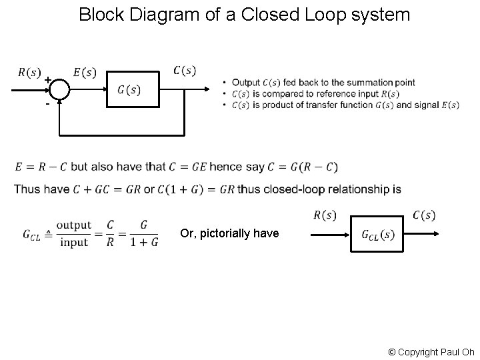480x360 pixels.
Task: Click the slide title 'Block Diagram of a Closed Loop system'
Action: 244,14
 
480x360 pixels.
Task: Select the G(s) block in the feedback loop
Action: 133,89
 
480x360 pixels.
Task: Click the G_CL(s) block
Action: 378,234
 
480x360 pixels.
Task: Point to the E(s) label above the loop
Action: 83,71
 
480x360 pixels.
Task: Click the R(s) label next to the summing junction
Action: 29,71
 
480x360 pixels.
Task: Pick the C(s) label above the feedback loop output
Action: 185,70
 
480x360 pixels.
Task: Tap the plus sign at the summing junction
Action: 48,81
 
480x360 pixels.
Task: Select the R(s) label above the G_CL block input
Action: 325,215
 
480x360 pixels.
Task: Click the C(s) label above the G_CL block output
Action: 424,215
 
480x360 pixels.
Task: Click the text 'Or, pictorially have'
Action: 229,233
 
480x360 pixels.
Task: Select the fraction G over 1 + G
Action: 145,234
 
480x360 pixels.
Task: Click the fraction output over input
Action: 73,234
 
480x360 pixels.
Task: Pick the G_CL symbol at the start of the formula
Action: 31,234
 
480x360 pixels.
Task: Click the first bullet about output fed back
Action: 319,83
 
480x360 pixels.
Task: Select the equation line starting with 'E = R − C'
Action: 176,166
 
